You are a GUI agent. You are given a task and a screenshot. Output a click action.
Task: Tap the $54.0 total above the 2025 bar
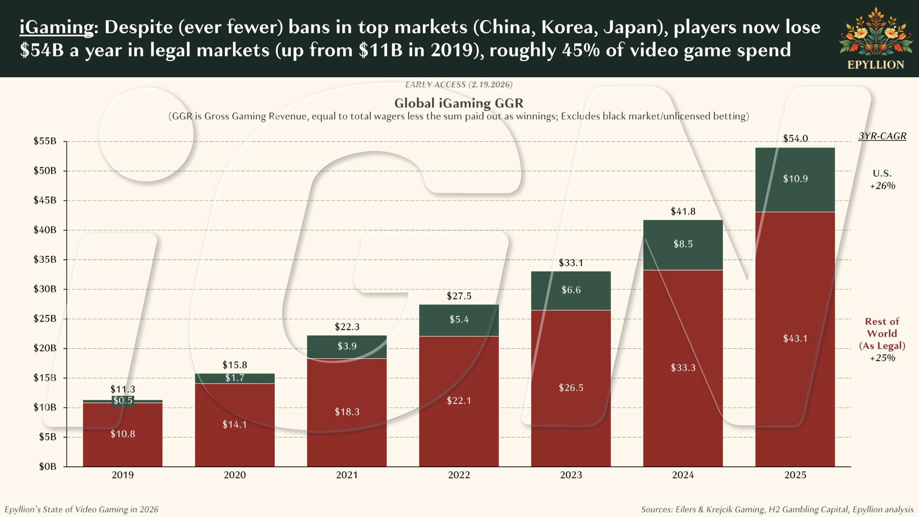pyautogui.click(x=795, y=138)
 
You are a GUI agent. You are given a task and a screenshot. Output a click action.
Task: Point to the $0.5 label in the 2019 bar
pyautogui.click(x=123, y=400)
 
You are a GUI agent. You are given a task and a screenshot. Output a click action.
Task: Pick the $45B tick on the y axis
pyautogui.click(x=45, y=200)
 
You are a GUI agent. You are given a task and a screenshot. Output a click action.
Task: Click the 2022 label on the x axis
pyautogui.click(x=459, y=475)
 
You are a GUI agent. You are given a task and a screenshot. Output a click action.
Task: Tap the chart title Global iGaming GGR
pyautogui.click(x=459, y=103)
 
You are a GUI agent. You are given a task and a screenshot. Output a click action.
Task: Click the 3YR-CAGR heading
pyautogui.click(x=882, y=136)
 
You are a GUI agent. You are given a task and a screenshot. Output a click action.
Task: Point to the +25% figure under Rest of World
pyautogui.click(x=883, y=358)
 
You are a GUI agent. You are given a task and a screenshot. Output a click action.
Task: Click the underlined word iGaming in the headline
pyautogui.click(x=56, y=27)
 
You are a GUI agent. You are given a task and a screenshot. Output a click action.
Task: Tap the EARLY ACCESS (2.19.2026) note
pyautogui.click(x=459, y=85)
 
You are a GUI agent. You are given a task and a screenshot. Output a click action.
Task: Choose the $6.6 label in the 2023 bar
pyautogui.click(x=571, y=290)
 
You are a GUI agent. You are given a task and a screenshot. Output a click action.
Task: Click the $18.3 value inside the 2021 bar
pyautogui.click(x=347, y=412)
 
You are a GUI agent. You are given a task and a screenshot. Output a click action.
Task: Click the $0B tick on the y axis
pyautogui.click(x=47, y=466)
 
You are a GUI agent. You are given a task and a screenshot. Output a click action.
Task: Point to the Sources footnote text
pyautogui.click(x=777, y=509)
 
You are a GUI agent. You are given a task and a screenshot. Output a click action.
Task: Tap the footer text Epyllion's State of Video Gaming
pyautogui.click(x=82, y=509)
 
